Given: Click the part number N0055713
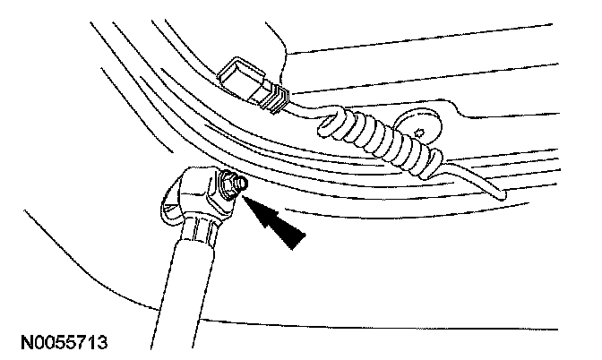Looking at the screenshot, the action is pos(62,342).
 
